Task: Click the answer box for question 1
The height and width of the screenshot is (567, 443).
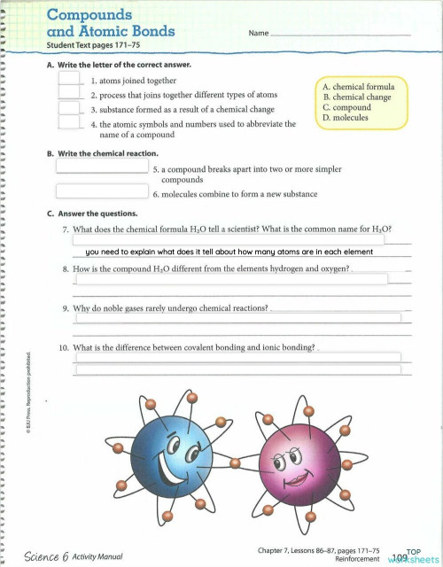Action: pyautogui.click(x=70, y=78)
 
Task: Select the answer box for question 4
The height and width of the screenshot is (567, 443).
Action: pyautogui.click(x=70, y=123)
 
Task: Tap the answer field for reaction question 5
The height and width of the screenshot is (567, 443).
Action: pyautogui.click(x=102, y=166)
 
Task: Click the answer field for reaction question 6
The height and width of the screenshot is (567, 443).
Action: pyautogui.click(x=102, y=190)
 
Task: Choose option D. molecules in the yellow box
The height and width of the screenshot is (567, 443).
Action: pyautogui.click(x=346, y=117)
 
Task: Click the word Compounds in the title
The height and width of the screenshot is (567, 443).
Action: pyautogui.click(x=89, y=14)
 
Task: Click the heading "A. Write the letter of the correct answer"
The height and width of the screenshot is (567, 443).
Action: pyautogui.click(x=119, y=65)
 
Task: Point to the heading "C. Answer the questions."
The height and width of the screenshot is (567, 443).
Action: pyautogui.click(x=92, y=214)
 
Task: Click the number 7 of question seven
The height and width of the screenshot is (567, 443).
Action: pyautogui.click(x=66, y=229)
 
